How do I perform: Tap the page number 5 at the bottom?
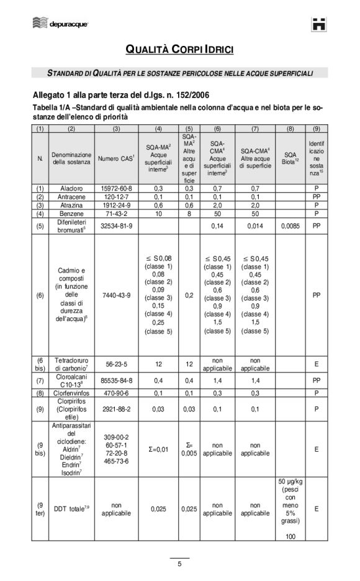click(179, 564)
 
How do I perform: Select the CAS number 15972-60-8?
click(116, 187)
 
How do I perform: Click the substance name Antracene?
click(71, 196)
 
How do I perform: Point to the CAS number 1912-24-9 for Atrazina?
click(116, 204)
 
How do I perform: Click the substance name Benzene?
click(71, 213)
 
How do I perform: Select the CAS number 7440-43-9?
click(116, 295)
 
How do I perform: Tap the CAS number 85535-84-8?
click(116, 380)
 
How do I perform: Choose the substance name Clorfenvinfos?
click(71, 393)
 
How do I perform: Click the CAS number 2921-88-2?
click(116, 409)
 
